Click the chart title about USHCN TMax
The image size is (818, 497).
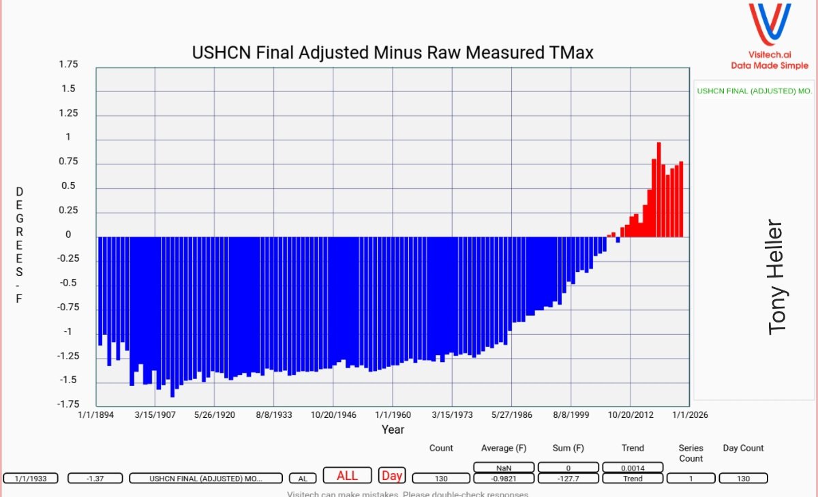pyautogui.click(x=393, y=52)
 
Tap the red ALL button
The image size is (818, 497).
pyautogui.click(x=347, y=476)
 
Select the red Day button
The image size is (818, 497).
pyautogui.click(x=391, y=476)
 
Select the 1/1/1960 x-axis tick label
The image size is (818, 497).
pyautogui.click(x=393, y=415)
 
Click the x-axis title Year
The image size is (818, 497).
pyautogui.click(x=393, y=430)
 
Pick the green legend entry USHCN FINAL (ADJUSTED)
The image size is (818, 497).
pyautogui.click(x=754, y=91)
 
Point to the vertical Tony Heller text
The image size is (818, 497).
pyautogui.click(x=777, y=277)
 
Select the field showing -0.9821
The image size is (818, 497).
pyautogui.click(x=503, y=479)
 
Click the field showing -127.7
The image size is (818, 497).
pyautogui.click(x=568, y=479)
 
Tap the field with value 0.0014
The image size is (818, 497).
pyautogui.click(x=633, y=467)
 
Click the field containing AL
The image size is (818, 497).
pyautogui.click(x=303, y=479)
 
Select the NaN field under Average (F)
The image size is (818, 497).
pyautogui.click(x=503, y=467)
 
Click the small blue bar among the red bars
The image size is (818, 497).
pyautogui.click(x=618, y=240)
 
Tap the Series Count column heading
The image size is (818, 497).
pyautogui.click(x=691, y=453)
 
